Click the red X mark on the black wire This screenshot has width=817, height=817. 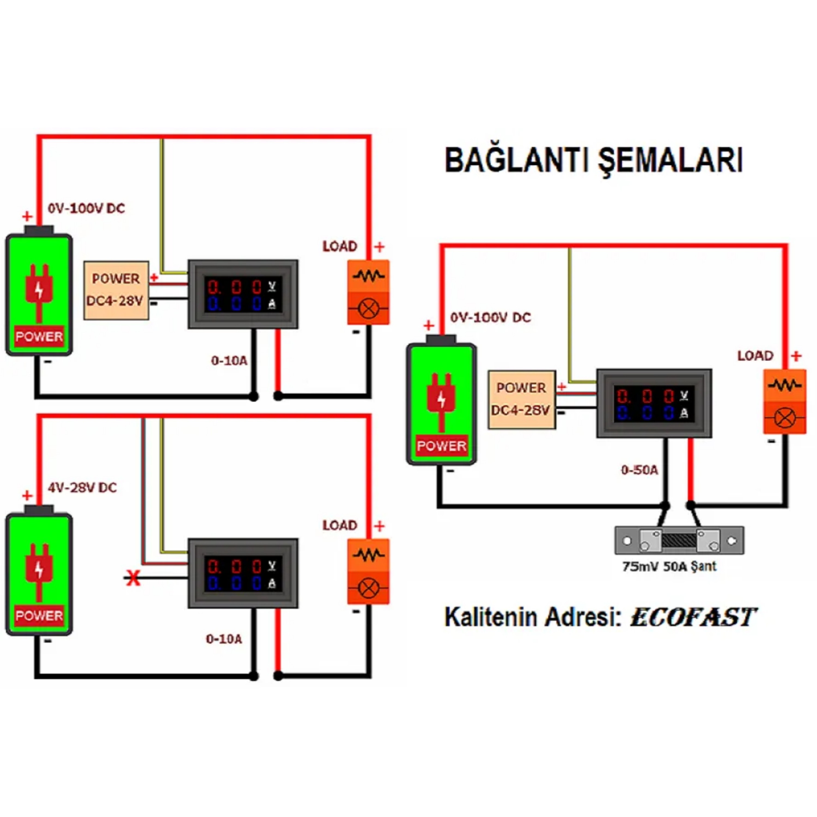[x=133, y=578]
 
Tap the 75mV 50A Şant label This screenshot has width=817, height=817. [x=669, y=566]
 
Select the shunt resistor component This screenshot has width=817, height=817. [x=679, y=540]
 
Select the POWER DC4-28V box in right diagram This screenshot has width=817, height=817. [x=522, y=400]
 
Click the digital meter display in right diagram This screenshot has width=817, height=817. [x=654, y=403]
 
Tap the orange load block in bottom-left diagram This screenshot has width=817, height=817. [x=368, y=571]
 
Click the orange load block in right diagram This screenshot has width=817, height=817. [x=784, y=402]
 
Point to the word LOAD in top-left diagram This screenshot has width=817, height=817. [x=340, y=246]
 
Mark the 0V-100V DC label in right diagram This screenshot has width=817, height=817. [x=490, y=317]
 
